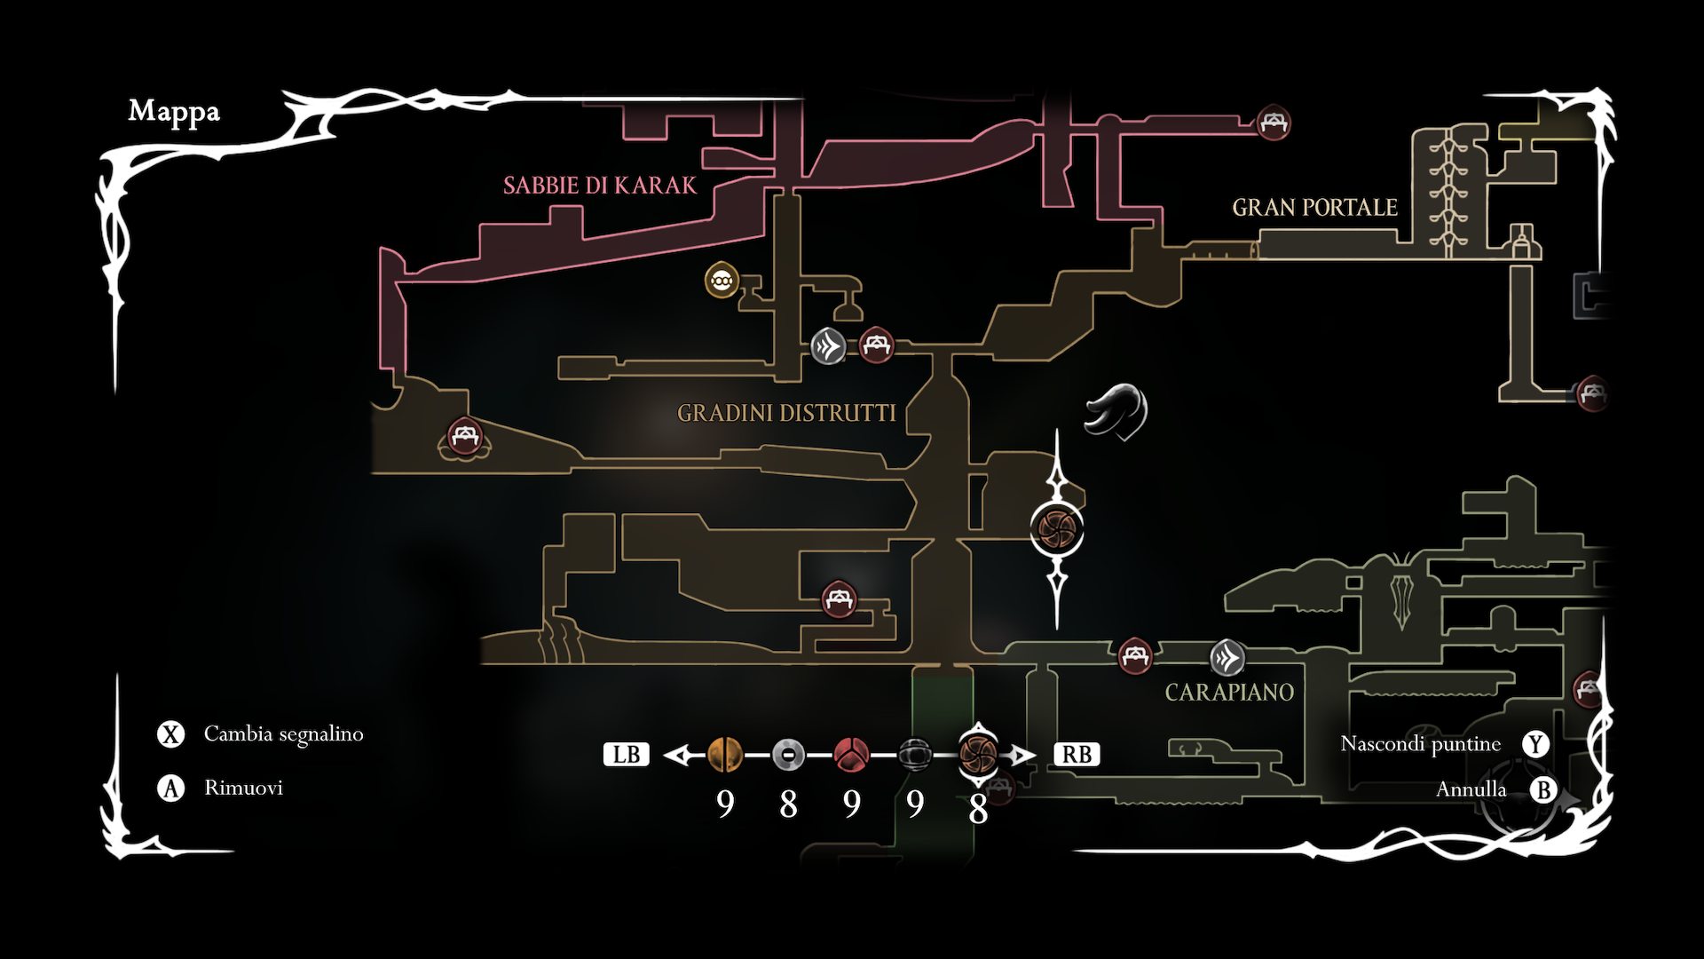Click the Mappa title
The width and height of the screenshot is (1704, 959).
pos(174,111)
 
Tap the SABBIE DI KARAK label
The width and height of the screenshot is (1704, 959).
pos(600,186)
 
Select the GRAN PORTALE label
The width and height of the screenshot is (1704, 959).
pos(1314,208)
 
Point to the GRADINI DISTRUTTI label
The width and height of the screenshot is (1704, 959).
pos(786,413)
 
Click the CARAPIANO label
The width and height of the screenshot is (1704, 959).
pos(1229,693)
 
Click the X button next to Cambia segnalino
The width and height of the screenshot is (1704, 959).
pos(170,734)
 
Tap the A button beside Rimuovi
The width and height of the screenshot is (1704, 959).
pos(170,788)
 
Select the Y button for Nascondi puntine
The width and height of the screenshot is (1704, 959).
pos(1535,744)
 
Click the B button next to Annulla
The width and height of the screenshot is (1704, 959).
pos(1543,789)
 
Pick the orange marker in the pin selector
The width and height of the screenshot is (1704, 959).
pos(725,755)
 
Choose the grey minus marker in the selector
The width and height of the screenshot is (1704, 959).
pos(788,755)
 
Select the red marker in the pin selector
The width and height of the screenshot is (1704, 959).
pos(851,755)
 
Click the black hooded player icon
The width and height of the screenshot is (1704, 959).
pos(1116,411)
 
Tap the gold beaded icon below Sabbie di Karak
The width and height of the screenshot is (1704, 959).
pos(722,281)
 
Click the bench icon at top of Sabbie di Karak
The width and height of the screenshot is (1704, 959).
pos(1274,123)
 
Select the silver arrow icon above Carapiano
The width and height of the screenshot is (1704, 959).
pos(1227,658)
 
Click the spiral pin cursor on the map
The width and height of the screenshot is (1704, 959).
pos(1057,527)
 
